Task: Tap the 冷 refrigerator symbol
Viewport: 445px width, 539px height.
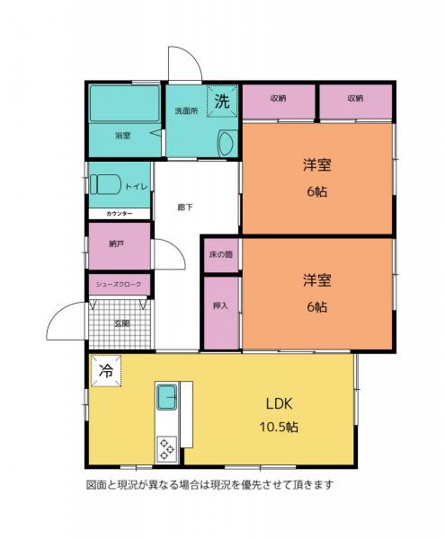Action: pos(105,369)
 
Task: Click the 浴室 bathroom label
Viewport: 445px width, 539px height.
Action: pos(122,136)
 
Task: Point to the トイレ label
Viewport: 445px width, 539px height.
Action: pos(138,186)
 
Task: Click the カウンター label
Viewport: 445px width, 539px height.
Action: pos(119,214)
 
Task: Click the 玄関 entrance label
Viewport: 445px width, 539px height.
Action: pos(119,323)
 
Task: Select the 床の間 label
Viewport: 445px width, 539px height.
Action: pos(221,255)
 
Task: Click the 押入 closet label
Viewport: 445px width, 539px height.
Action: pos(220,306)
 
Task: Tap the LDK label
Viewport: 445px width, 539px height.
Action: pos(278,402)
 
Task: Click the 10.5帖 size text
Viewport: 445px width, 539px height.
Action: pos(278,427)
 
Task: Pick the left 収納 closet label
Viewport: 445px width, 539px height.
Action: pos(278,98)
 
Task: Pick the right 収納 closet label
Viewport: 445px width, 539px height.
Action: pos(355,98)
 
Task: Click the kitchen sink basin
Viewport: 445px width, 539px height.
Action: pos(168,396)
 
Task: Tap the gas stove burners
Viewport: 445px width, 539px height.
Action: pos(167,447)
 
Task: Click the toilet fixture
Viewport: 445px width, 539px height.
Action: pos(106,183)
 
